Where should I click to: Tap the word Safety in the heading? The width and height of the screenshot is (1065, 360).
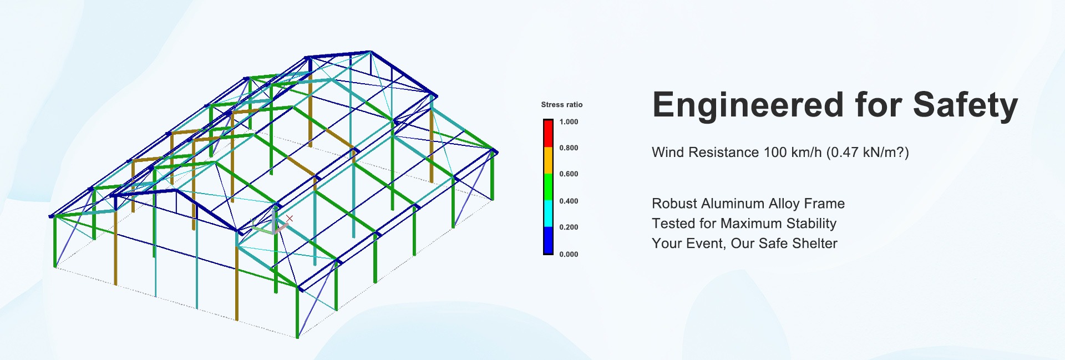pos(965,105)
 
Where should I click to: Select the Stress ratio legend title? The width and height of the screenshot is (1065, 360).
pos(562,104)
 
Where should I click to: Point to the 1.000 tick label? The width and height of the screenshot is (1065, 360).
pos(569,121)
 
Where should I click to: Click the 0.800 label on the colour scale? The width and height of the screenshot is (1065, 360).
pos(569,148)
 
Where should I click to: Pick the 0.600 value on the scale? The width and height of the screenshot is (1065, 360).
pos(569,174)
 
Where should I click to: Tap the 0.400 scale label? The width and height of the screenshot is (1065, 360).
pos(569,201)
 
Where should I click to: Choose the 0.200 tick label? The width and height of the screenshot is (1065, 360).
pos(569,227)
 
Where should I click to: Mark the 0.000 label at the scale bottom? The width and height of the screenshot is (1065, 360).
pos(569,254)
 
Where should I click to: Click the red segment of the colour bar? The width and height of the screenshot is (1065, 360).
pos(548,133)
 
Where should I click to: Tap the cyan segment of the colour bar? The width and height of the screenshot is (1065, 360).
pos(548,214)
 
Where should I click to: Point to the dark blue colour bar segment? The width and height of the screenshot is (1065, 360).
pos(548,240)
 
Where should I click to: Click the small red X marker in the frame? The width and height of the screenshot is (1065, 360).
pos(289,219)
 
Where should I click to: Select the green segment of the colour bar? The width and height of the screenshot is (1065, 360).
pos(548,187)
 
